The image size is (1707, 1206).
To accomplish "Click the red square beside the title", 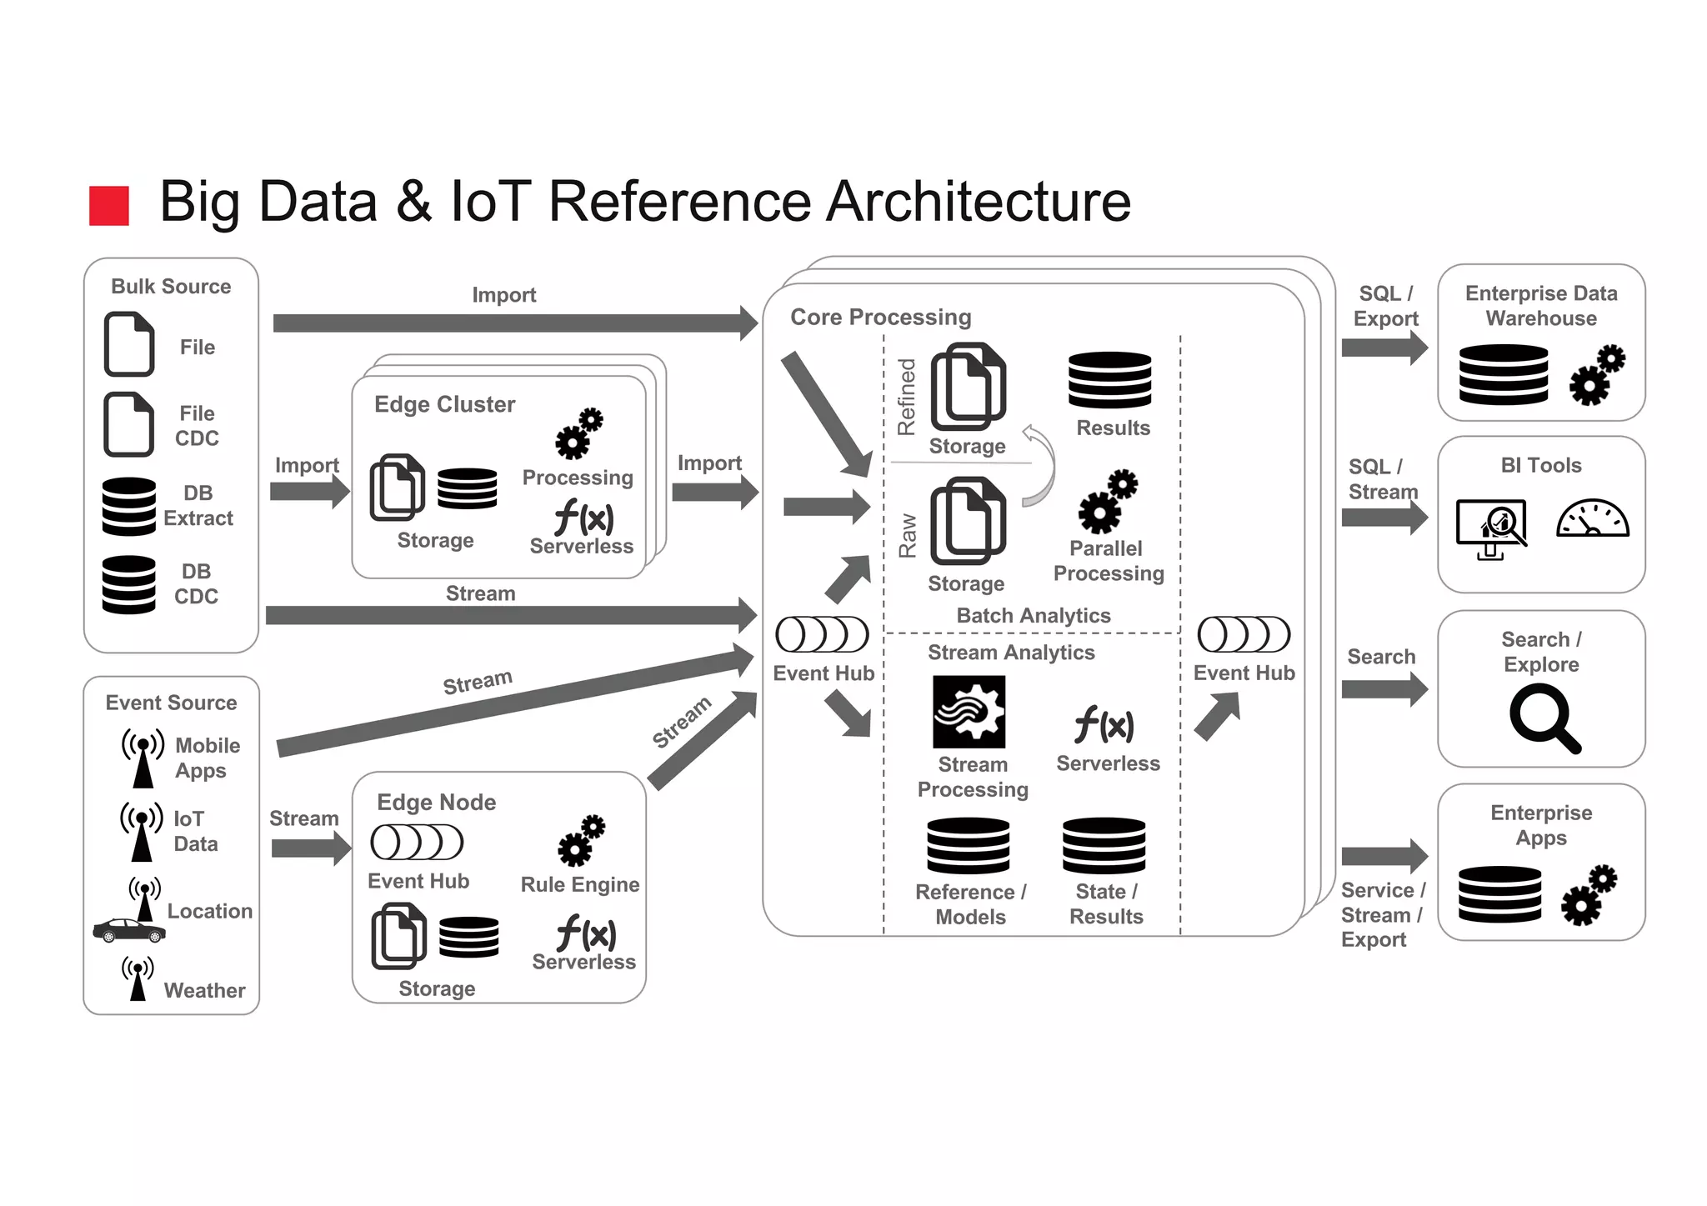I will (x=109, y=206).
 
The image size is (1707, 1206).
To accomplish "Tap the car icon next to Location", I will (x=128, y=930).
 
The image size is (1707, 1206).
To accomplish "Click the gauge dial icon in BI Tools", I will (x=1592, y=518).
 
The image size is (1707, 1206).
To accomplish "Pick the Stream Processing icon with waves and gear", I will (x=969, y=712).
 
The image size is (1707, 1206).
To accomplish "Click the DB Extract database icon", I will (x=129, y=506).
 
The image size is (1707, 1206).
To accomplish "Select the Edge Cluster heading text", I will (x=444, y=404).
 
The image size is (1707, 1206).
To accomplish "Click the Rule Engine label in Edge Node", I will (x=580, y=884).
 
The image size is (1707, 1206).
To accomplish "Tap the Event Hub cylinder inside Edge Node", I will (x=417, y=843).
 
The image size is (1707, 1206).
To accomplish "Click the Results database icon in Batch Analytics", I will (x=1109, y=380).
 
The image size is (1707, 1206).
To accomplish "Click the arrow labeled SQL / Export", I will (x=1384, y=348).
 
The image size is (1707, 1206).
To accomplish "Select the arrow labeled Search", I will (x=1384, y=689).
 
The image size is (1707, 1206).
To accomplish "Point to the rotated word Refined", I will (x=906, y=397).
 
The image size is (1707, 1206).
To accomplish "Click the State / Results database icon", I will (x=1104, y=845).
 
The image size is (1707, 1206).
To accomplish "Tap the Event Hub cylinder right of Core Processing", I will (x=1244, y=634).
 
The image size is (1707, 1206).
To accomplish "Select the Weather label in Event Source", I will (x=204, y=990).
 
